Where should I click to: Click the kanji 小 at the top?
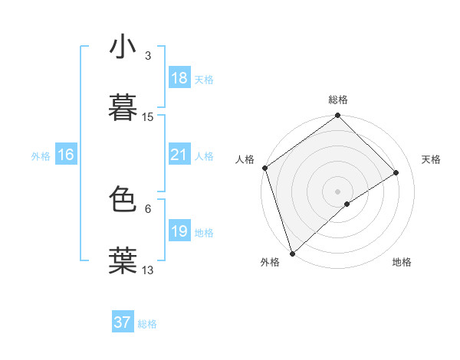(123, 47)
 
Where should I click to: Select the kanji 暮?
(123, 106)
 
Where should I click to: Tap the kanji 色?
(123, 198)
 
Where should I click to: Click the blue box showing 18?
(179, 78)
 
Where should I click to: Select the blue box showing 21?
(179, 155)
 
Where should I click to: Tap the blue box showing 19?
(179, 231)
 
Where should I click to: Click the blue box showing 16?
(65, 155)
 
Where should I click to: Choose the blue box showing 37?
(122, 322)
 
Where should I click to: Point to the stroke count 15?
(148, 117)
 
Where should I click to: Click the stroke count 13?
(148, 270)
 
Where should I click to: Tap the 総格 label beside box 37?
(147, 324)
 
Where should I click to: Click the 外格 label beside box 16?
(41, 156)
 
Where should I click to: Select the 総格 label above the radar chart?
(338, 100)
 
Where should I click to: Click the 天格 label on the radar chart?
(431, 159)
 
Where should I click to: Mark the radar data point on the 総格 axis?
(338, 116)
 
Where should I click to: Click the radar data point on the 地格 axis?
(347, 204)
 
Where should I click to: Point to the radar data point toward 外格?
(291, 253)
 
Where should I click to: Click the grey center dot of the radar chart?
(337, 191)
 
